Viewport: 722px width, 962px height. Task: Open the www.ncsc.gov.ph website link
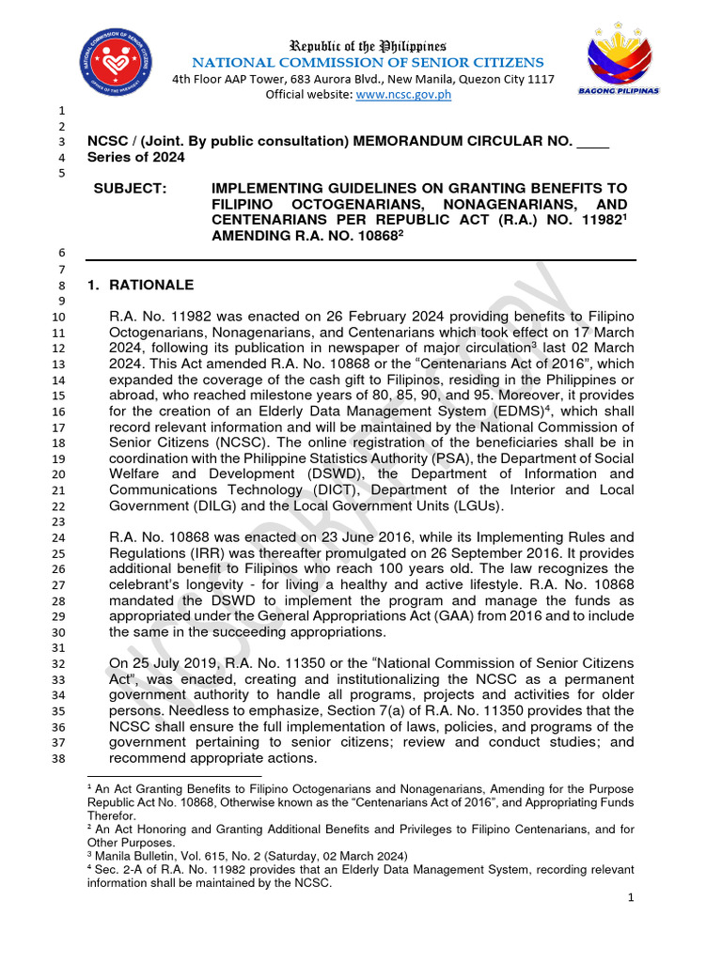(x=392, y=95)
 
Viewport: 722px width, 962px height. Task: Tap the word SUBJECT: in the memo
(x=130, y=189)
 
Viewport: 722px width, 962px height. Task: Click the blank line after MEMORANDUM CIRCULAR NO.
(x=591, y=141)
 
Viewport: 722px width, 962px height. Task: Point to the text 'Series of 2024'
(x=135, y=157)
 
